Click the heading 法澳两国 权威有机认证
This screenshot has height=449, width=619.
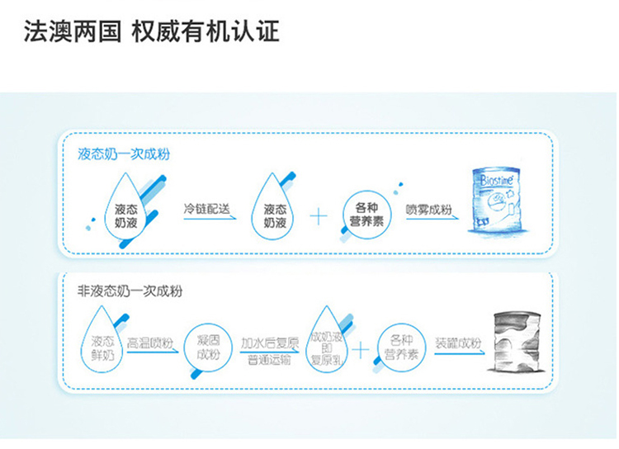tap(151, 31)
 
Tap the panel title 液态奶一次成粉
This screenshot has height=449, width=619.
tap(124, 154)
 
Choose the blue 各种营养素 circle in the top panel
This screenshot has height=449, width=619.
tap(365, 216)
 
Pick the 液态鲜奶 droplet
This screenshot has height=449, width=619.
tap(102, 346)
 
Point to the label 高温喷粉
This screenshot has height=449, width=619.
tap(149, 342)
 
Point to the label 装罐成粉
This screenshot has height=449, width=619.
tap(458, 342)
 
